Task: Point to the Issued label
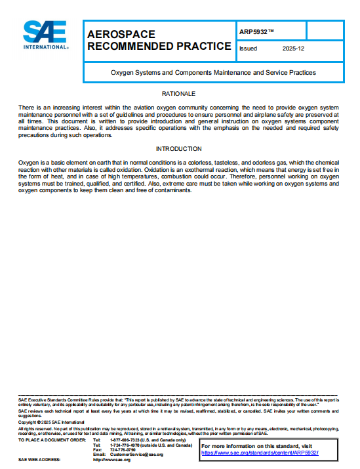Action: tap(249, 49)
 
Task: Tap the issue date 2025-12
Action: tap(294, 49)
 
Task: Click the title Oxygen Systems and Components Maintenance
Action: tap(212, 72)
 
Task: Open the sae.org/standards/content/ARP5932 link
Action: tap(259, 453)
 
